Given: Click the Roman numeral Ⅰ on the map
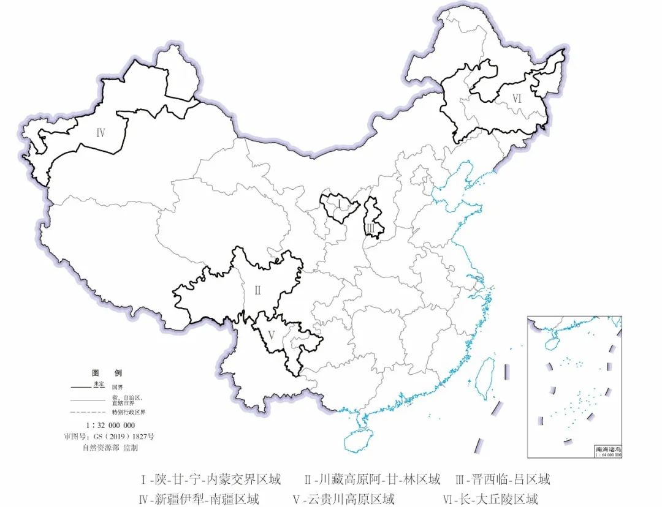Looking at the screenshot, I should point(338,203).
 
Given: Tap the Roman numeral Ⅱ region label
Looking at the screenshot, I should point(257,290).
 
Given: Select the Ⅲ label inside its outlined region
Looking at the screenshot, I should point(371,229).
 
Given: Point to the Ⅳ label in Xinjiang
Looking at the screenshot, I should point(101,132).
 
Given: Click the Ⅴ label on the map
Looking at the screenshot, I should point(271,335).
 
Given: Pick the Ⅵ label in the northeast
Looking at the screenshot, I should point(517,98).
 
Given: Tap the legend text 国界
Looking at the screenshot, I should point(117,388).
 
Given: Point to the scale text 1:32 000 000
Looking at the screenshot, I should point(109,425).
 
